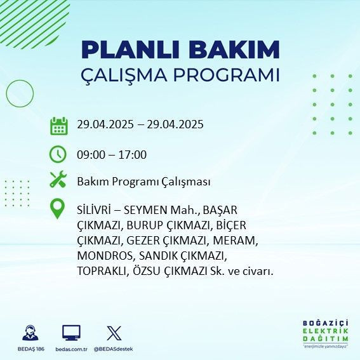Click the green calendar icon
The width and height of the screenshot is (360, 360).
58,125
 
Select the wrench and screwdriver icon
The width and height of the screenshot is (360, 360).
58,180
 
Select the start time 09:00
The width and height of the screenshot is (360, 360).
90,155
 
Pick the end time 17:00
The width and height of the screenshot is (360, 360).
133,155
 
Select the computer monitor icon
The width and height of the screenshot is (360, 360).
70,333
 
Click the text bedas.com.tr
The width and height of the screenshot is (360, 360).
70,349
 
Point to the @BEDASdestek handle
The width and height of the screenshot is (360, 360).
115,349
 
